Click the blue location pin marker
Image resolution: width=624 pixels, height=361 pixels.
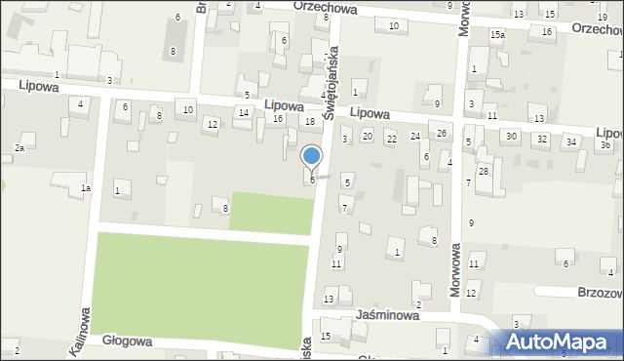[312, 157]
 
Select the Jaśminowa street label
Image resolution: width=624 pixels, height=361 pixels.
[388, 316]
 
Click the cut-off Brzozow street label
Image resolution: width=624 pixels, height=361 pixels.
[599, 292]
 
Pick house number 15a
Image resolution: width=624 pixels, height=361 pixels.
[497, 35]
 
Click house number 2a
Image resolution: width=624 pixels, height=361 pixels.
[19, 148]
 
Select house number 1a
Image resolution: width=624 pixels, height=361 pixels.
[86, 187]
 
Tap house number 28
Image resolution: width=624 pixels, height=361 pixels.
[483, 172]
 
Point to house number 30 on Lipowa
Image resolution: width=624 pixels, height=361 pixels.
[511, 137]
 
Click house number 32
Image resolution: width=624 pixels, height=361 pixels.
[541, 140]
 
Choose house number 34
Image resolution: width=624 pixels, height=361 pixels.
[571, 142]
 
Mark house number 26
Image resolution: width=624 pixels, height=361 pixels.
[442, 133]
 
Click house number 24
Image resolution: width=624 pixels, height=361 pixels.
[415, 136]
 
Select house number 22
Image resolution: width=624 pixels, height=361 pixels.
[391, 140]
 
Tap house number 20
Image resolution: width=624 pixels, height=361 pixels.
[367, 136]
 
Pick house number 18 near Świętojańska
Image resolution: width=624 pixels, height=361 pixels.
[310, 122]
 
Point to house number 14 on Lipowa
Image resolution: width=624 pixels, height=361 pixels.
[244, 113]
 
